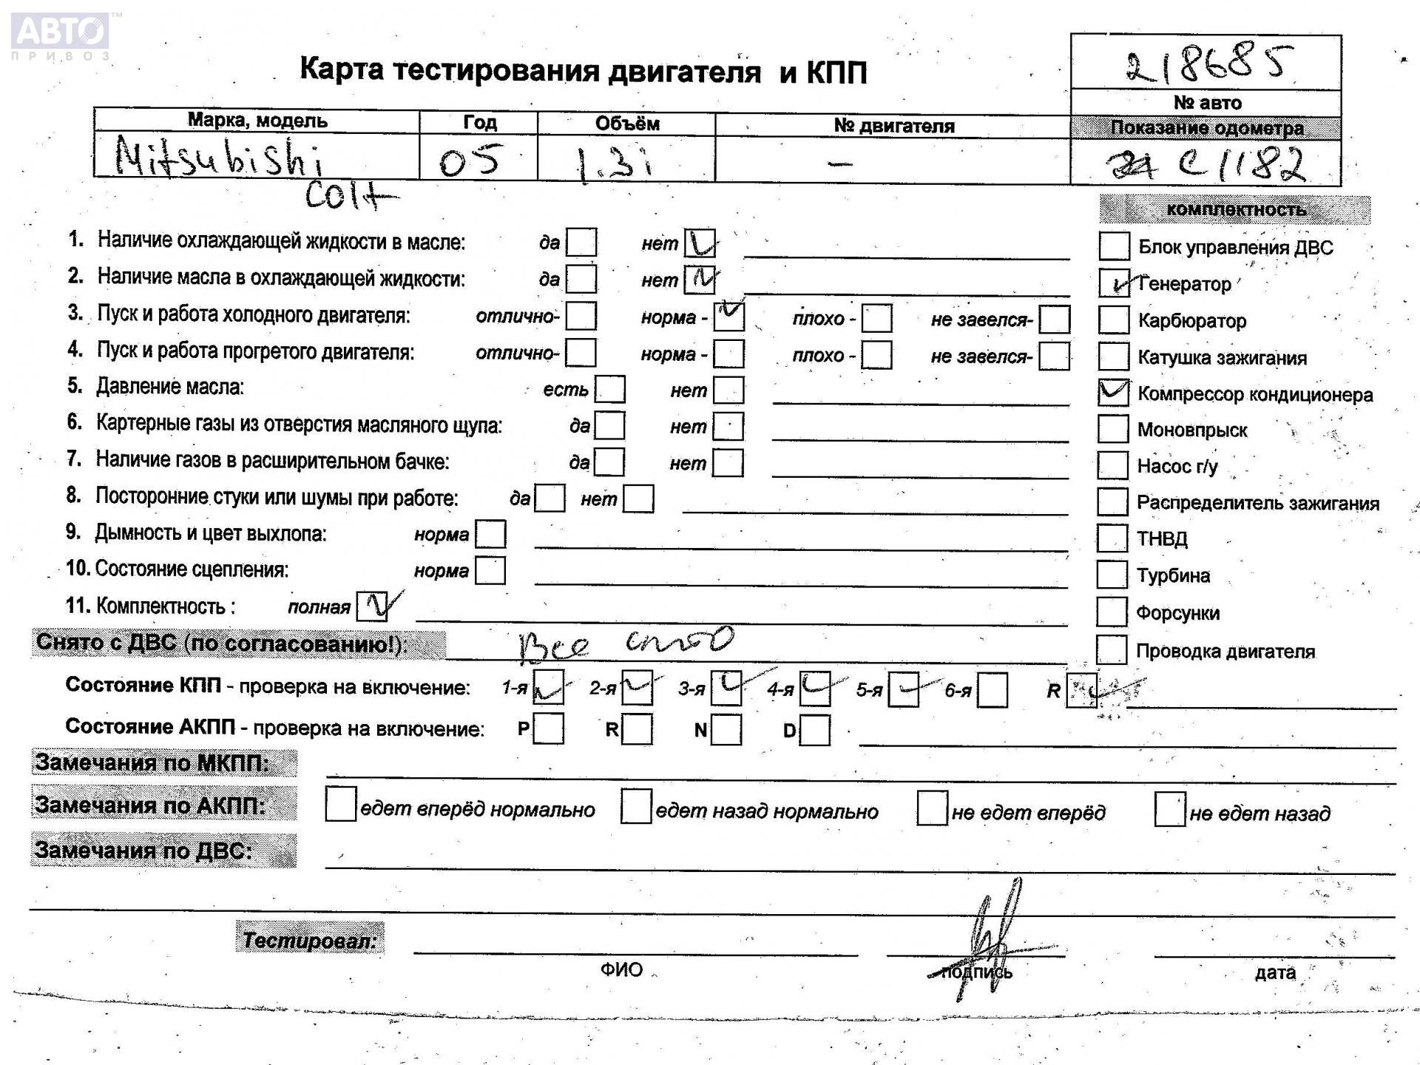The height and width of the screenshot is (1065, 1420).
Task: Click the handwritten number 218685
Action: click(x=1208, y=64)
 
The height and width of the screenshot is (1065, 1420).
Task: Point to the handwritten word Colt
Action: click(x=348, y=196)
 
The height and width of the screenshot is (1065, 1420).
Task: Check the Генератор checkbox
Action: click(x=1114, y=283)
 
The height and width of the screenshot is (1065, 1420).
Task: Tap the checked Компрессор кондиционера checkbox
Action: click(x=1113, y=393)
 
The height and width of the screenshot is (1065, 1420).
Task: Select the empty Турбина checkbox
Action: click(x=1112, y=575)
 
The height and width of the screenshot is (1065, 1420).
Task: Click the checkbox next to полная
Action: click(x=372, y=606)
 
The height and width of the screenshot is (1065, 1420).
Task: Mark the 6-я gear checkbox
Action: click(x=993, y=690)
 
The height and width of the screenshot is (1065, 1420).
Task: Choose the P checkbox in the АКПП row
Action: click(x=548, y=728)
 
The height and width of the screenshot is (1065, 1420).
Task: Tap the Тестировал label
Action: click(x=310, y=940)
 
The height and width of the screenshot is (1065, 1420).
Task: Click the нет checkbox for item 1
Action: click(x=699, y=243)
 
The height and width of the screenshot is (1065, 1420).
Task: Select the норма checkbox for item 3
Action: click(x=728, y=317)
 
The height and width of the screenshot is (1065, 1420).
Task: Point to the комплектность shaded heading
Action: click(x=1234, y=209)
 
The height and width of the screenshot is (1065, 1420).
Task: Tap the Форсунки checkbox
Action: click(x=1112, y=612)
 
